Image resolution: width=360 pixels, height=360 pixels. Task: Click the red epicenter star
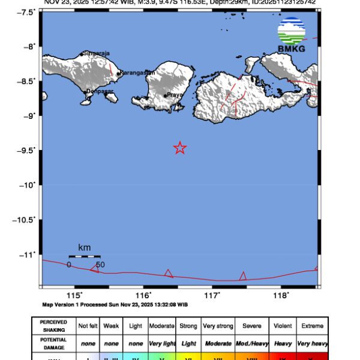(x=179, y=148)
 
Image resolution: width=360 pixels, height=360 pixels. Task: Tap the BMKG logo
(x=291, y=35)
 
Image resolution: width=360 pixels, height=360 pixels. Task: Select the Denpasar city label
(x=100, y=92)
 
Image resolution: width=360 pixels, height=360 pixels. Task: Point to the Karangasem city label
(x=137, y=73)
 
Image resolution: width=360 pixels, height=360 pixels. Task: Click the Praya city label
(x=175, y=95)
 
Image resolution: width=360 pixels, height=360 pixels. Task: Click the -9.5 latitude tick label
(x=26, y=150)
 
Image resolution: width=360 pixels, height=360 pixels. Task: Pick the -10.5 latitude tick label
(x=25, y=220)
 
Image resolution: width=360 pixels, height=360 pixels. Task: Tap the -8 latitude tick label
(x=28, y=46)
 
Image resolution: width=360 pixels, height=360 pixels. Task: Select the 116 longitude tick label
(x=143, y=295)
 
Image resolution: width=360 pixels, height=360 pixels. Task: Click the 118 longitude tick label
(x=281, y=295)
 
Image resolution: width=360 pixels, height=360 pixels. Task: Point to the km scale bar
(x=84, y=256)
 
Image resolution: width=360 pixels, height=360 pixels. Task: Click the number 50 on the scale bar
(x=100, y=265)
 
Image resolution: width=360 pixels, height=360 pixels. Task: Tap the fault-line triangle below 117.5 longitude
(x=243, y=276)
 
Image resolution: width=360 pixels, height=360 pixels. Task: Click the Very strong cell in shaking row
(x=218, y=326)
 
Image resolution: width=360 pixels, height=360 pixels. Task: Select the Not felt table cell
(x=88, y=326)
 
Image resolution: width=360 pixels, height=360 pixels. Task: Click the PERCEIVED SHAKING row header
(x=53, y=326)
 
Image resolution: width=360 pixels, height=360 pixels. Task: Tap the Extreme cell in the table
(x=312, y=326)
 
